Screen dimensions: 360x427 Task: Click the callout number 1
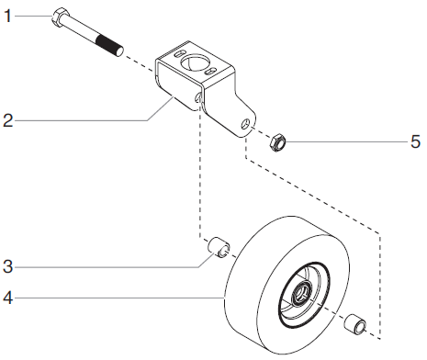tap(8, 17)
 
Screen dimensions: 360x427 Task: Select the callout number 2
tap(8, 119)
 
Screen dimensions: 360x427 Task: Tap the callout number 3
tap(8, 267)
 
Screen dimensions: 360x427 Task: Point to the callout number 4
tap(8, 297)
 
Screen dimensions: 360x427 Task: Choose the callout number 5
tap(414, 142)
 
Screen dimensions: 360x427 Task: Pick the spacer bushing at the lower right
tap(354, 324)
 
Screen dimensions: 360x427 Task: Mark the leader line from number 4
tap(119, 297)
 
